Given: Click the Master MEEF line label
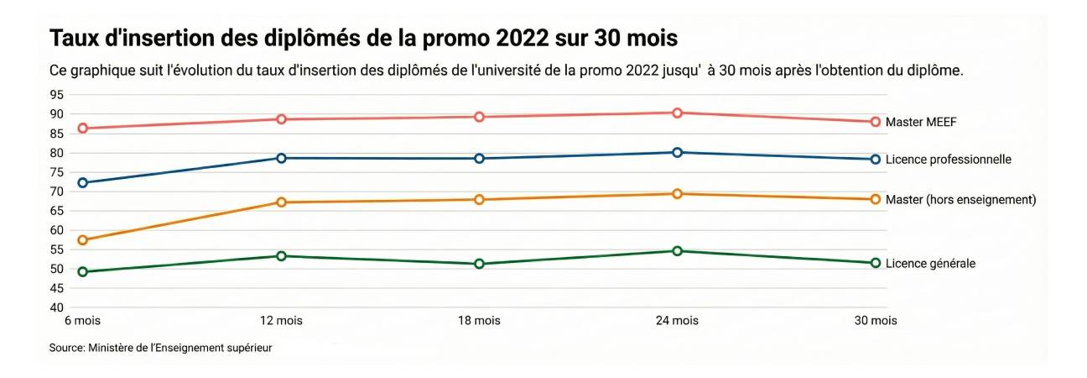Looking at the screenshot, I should point(921,122).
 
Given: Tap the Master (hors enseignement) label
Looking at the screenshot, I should point(961,200).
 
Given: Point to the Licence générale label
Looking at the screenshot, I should point(930,264).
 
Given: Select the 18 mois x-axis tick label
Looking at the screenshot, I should point(479,321).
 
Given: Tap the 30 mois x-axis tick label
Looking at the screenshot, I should point(875,321).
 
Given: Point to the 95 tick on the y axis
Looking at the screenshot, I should point(57,94).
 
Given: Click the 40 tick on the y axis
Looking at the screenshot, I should point(57,308).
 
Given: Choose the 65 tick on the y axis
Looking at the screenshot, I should point(57,211).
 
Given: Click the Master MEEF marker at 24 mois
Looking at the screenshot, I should point(677,113).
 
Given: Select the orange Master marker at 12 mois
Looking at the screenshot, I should point(281,202).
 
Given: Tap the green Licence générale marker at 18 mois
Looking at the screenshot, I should point(479,264).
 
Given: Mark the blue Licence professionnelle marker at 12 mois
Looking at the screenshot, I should point(281,158).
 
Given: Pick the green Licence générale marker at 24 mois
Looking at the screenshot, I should point(677,251).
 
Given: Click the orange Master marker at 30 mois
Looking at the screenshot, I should point(875,199).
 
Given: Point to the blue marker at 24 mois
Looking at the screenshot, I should point(677,152).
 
